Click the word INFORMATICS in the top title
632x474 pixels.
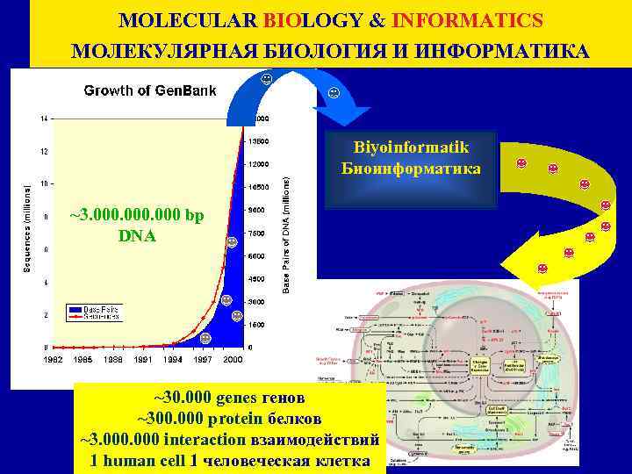(467, 19)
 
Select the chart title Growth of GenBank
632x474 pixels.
(149, 90)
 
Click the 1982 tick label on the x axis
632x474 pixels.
(54, 359)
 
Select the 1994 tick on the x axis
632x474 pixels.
(173, 359)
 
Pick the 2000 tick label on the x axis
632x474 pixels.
(232, 359)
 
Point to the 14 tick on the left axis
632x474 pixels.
(43, 118)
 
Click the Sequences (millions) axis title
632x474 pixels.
(26, 215)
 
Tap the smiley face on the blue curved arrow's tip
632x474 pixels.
(334, 93)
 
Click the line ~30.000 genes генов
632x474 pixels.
(230, 396)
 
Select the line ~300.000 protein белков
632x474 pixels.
(230, 417)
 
